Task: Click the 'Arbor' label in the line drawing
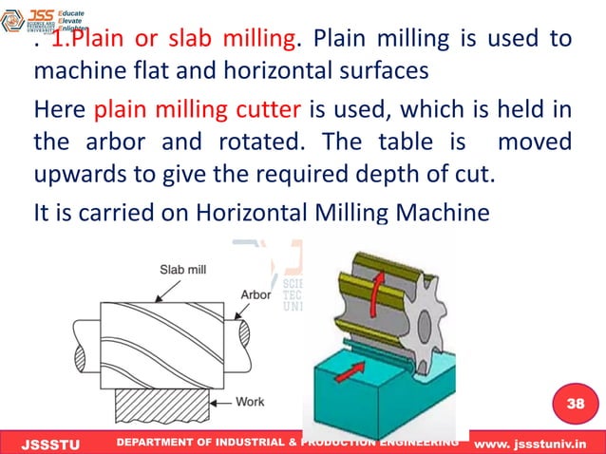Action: [x=255, y=295]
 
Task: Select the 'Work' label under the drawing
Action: [x=250, y=401]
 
